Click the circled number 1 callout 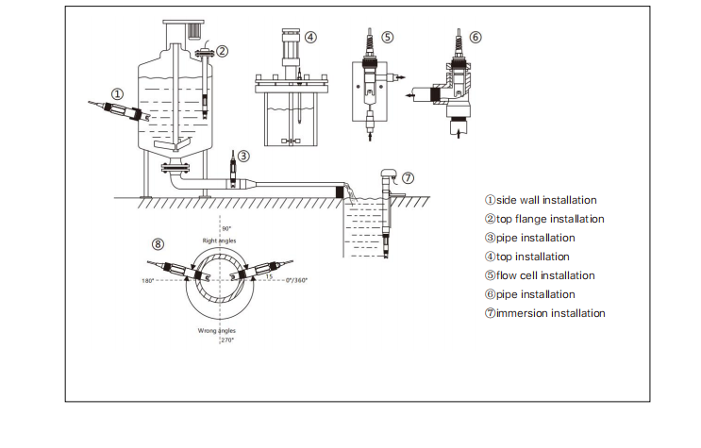coord(118,93)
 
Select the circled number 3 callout coord(243,156)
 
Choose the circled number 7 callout coord(408,177)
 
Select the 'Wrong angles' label coord(216,331)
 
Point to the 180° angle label coord(148,280)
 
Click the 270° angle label coord(226,340)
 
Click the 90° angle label coord(226,229)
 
